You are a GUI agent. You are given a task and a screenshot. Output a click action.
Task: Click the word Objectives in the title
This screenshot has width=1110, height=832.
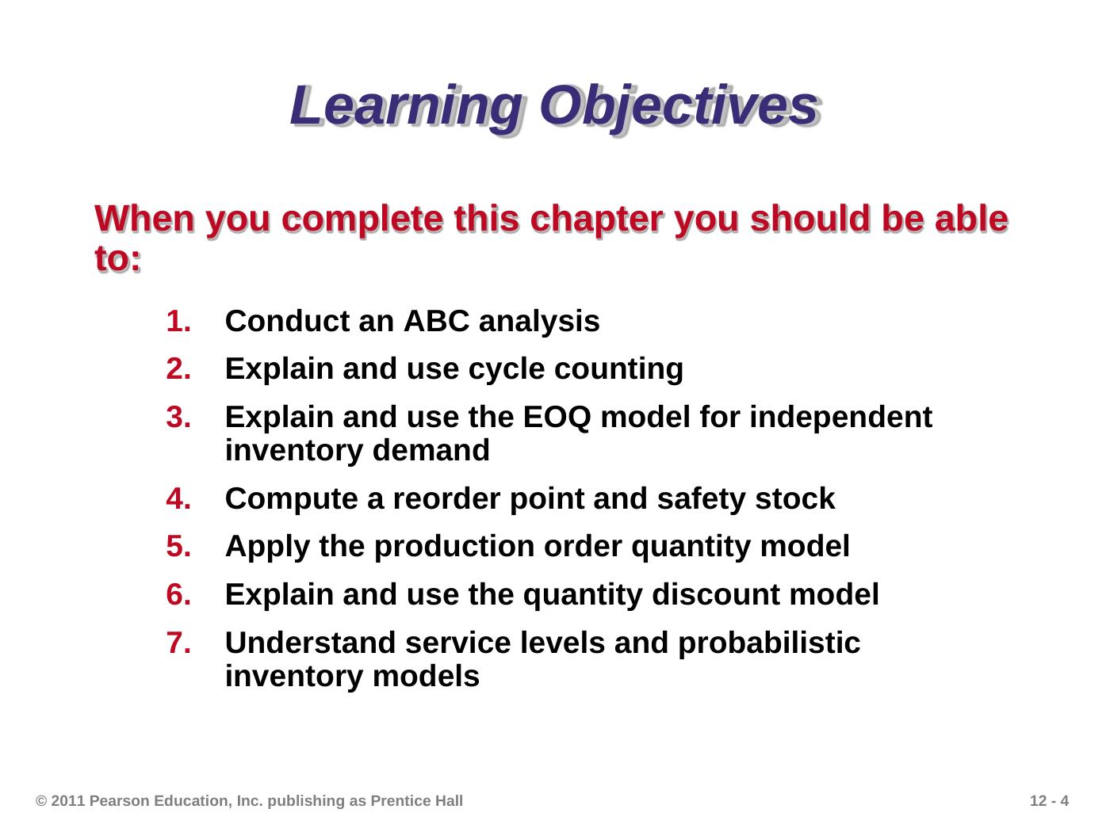click(x=679, y=107)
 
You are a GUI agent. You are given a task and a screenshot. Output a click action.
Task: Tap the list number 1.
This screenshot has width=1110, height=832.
click(x=178, y=321)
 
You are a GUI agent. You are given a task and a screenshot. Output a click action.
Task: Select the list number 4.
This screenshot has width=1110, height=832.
click(x=178, y=498)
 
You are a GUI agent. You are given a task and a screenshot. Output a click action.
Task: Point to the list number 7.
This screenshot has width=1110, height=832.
click(x=178, y=643)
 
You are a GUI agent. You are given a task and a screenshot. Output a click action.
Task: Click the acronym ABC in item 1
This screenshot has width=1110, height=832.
click(x=436, y=321)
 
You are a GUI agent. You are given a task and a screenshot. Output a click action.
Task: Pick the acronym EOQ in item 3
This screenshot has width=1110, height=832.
click(x=557, y=418)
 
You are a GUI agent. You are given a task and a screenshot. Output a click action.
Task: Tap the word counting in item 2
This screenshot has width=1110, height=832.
click(x=618, y=369)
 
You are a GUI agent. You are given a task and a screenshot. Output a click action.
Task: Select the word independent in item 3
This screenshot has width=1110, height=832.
click(x=840, y=418)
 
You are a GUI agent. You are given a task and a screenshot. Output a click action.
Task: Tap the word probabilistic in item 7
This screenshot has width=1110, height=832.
click(x=768, y=643)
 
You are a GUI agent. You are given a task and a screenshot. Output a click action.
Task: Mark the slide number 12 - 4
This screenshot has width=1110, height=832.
click(x=1049, y=800)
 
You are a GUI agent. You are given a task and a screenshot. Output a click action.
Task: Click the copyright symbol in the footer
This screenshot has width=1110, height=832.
click(x=41, y=800)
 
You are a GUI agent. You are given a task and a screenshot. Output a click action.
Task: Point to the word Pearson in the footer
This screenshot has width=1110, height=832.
click(x=120, y=800)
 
